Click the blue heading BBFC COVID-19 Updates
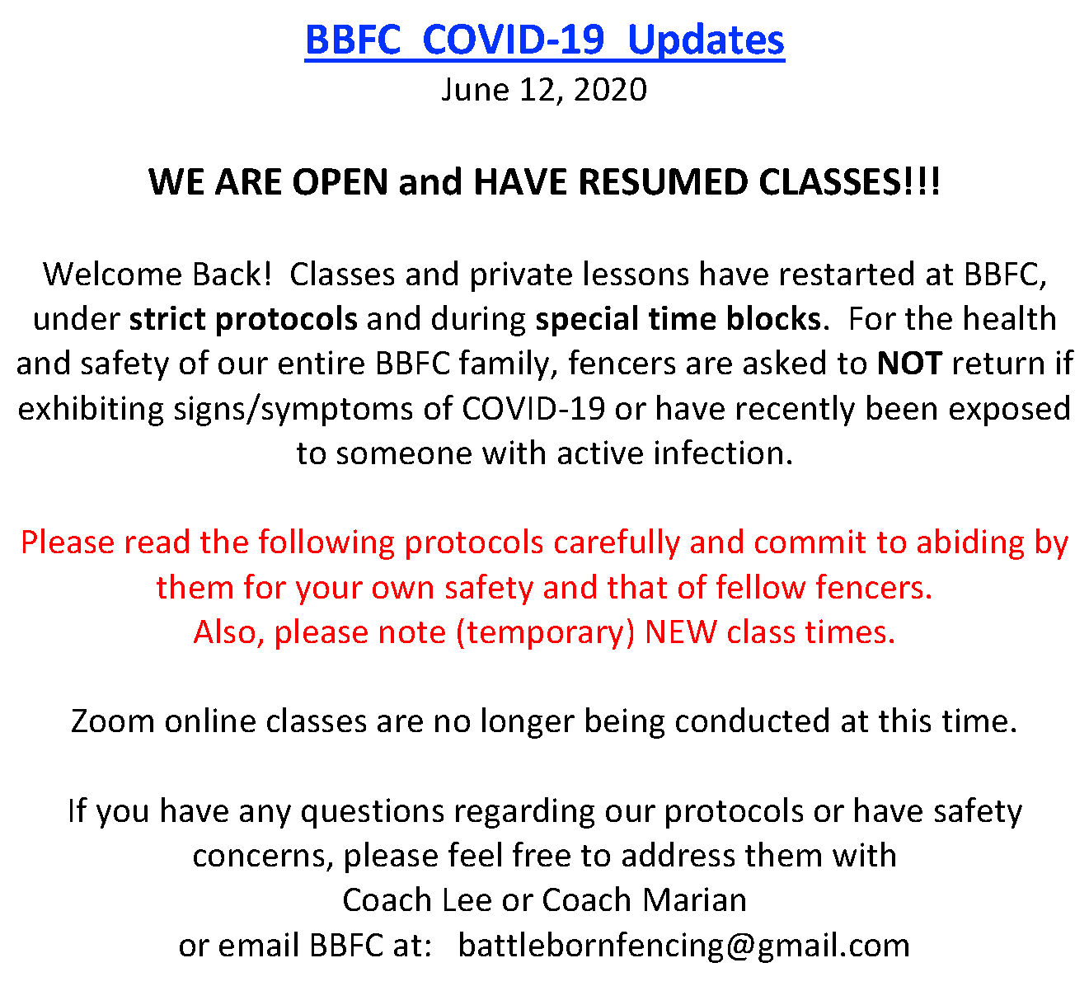544,41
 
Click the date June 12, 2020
544,90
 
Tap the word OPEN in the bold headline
340,182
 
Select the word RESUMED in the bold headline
664,182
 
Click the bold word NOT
909,364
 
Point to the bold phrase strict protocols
243,320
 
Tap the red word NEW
681,632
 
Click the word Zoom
113,722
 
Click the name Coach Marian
645,901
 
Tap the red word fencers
874,588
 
